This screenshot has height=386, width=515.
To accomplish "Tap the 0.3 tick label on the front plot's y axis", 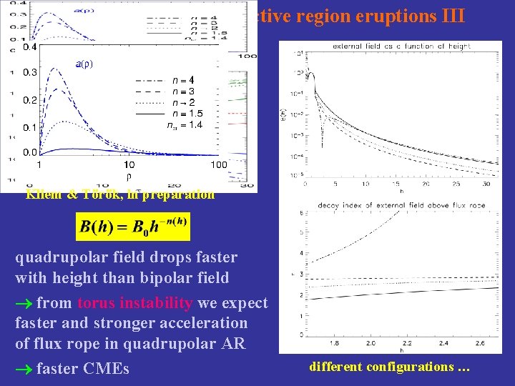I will [29, 73].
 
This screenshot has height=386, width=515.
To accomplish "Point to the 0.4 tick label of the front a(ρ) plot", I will [29, 46].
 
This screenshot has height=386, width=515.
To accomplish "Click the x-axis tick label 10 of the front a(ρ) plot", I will [129, 164].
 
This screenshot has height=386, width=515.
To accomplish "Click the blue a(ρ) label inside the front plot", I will [83, 64].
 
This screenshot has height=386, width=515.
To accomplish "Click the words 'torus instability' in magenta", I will [135, 303].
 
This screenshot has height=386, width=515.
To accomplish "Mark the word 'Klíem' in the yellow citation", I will [44, 194].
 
